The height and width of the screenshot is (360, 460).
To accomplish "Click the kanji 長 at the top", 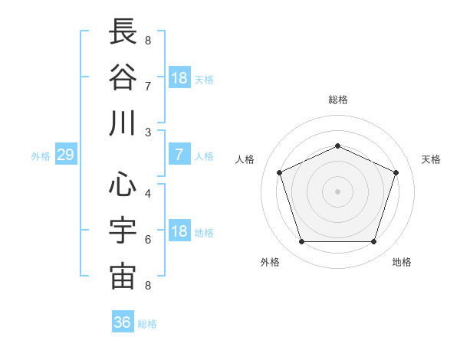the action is [123, 31].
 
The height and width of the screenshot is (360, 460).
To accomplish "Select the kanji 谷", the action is [123, 77].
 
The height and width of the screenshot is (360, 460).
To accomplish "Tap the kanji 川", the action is [123, 123].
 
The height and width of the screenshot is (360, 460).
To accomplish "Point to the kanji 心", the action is [123, 184].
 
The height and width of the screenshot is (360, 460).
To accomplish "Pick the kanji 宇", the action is [123, 230].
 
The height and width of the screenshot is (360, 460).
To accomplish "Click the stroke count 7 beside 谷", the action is [148, 87].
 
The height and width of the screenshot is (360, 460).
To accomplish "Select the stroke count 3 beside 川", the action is [148, 133].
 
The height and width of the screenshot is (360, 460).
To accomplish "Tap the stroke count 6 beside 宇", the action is [148, 240].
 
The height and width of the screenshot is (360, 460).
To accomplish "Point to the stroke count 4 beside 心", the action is [148, 194].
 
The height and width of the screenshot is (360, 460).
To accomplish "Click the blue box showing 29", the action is [66, 154].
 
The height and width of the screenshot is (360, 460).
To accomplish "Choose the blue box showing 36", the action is [123, 321].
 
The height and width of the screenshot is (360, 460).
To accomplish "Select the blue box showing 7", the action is [179, 154].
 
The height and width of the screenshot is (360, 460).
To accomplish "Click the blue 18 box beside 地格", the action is [179, 230].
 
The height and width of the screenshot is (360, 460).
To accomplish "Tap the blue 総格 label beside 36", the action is [147, 324].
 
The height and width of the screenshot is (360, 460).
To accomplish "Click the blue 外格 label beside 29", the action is [41, 156].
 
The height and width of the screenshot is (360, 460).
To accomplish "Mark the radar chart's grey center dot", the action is [337, 191].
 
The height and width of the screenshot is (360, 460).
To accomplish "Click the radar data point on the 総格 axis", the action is [337, 146].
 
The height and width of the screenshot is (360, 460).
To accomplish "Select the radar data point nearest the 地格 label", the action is [374, 241].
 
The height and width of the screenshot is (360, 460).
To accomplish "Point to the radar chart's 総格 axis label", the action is [338, 100].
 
